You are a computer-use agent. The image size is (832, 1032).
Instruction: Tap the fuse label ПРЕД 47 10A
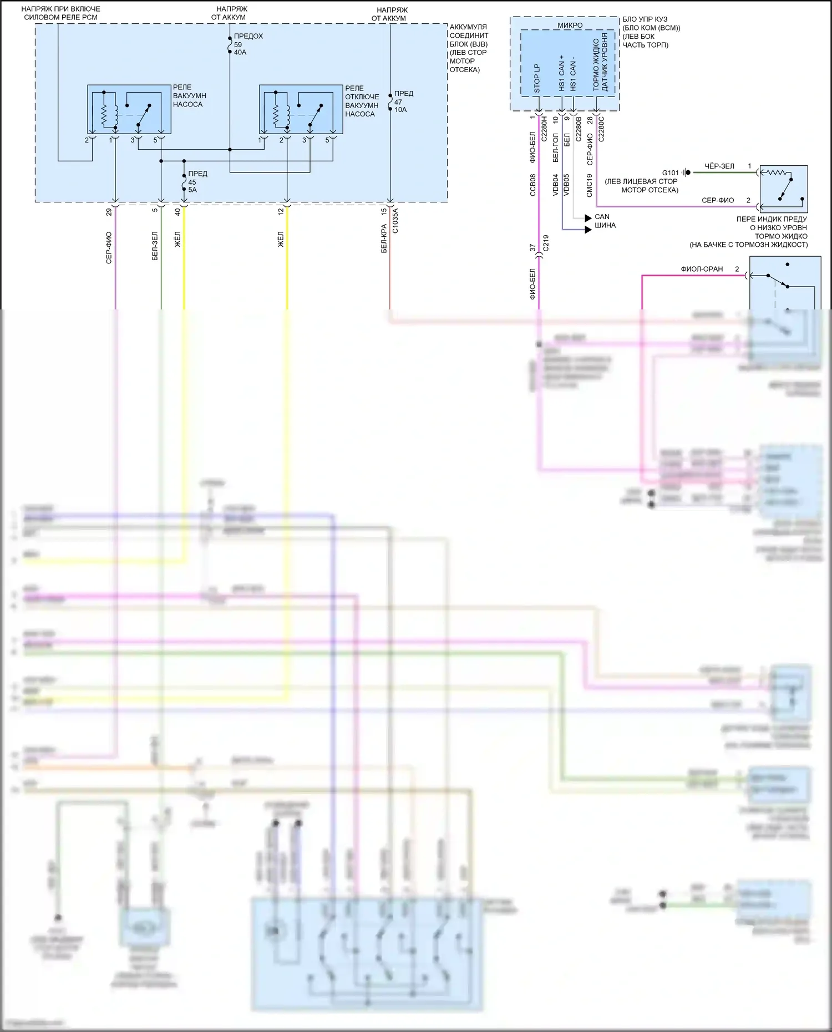tap(403, 101)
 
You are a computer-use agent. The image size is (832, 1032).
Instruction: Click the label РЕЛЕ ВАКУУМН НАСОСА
tap(189, 96)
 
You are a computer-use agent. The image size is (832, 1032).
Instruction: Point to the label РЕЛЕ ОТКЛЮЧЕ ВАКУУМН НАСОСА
tap(362, 101)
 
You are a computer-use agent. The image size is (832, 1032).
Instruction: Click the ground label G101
tap(670, 172)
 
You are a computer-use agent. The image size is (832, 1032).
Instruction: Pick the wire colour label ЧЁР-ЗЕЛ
tap(719, 166)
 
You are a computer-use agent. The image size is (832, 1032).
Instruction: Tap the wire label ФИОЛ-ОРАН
tap(702, 269)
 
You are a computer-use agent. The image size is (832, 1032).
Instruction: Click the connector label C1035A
tap(395, 221)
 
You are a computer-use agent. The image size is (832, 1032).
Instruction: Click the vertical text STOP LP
tap(536, 78)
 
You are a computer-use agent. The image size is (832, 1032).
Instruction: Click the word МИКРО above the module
tap(570, 26)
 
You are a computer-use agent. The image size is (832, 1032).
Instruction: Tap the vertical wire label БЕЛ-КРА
tap(384, 238)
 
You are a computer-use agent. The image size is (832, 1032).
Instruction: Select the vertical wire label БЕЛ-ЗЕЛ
tap(155, 246)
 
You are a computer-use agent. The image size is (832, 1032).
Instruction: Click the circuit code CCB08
tap(533, 185)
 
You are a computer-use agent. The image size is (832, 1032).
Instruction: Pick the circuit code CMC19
tap(590, 186)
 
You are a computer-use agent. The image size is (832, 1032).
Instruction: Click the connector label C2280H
tap(545, 129)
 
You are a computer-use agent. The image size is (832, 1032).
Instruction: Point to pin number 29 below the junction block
tap(109, 211)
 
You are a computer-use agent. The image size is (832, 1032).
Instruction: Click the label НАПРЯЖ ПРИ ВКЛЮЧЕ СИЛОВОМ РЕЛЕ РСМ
tap(60, 13)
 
